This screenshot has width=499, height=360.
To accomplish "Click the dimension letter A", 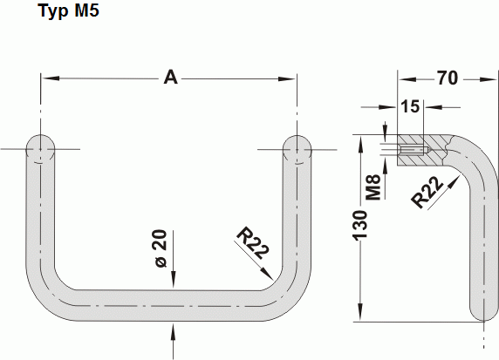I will pyautogui.click(x=171, y=78).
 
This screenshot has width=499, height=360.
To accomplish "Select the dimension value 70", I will pyautogui.click(x=448, y=78).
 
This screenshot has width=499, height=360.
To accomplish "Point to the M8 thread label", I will pyautogui.click(x=373, y=186).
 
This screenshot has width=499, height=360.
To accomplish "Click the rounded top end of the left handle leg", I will pyautogui.click(x=39, y=148).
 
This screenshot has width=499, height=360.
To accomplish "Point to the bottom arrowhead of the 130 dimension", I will pyautogui.click(x=360, y=315).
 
